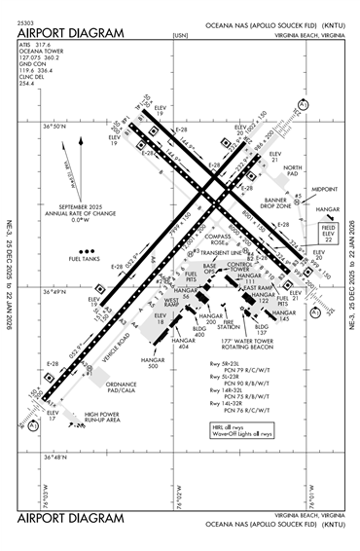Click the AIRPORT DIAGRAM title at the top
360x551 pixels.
tap(71, 32)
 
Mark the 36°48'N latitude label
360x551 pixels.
tap(55, 456)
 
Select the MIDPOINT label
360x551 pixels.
tap(324, 190)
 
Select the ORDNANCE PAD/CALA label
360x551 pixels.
tap(122, 386)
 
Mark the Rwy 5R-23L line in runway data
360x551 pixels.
tap(230, 364)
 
